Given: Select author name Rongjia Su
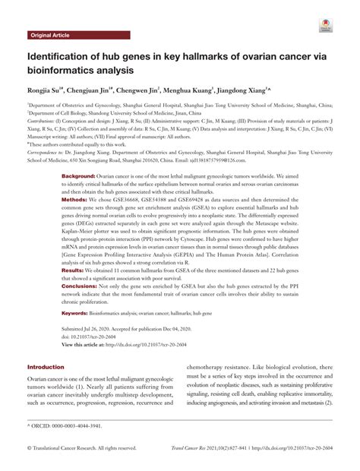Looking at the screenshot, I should pos(49,90).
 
